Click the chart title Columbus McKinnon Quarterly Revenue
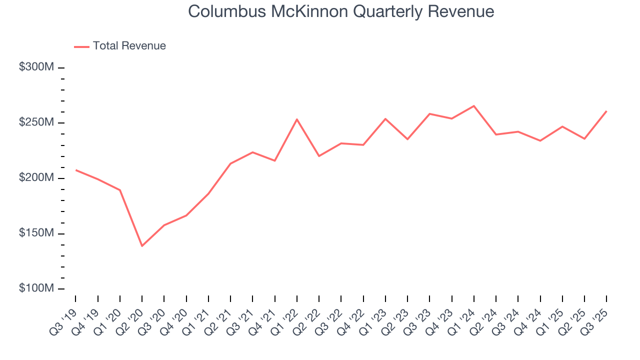[x=341, y=12]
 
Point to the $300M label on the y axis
[x=36, y=67]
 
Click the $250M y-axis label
[x=36, y=123]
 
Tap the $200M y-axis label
[x=36, y=178]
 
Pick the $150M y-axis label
[x=36, y=234]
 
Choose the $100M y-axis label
[x=36, y=289]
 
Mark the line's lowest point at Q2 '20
[x=142, y=246]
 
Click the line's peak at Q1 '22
[x=297, y=119]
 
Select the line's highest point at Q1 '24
[x=473, y=106]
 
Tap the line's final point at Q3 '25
[x=606, y=111]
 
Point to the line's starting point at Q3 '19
[x=76, y=170]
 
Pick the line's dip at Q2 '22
[x=319, y=156]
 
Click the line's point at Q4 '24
[x=540, y=140]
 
